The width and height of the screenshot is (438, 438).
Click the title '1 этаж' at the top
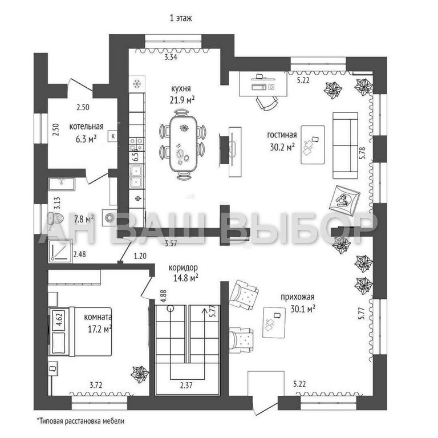click(x=180, y=18)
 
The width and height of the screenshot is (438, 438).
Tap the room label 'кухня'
click(x=180, y=88)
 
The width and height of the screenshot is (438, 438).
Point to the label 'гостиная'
click(x=282, y=135)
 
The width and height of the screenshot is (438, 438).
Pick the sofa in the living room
click(x=344, y=144)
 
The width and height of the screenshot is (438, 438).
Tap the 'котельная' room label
click(x=86, y=127)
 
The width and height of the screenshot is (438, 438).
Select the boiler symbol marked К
click(x=113, y=136)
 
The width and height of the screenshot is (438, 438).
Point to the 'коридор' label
click(x=183, y=267)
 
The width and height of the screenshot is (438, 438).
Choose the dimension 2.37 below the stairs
click(x=185, y=384)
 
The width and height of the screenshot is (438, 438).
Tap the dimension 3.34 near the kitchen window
click(x=171, y=57)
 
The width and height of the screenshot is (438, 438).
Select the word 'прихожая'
click(x=297, y=297)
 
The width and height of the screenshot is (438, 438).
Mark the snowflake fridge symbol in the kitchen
click(x=137, y=84)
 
